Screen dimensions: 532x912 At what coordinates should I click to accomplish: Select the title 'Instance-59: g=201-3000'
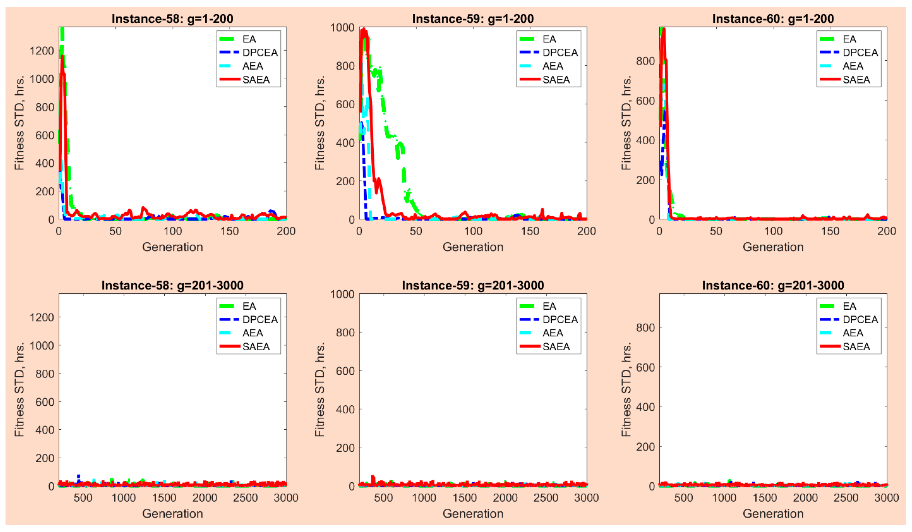coord(473,285)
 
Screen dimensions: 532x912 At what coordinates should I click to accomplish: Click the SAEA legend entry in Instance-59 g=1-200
coord(556,79)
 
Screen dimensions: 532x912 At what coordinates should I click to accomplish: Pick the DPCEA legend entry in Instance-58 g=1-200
coord(259,52)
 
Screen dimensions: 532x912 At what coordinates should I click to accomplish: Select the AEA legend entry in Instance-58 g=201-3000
coord(252,333)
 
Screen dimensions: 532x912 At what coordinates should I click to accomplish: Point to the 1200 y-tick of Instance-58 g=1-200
coord(41,51)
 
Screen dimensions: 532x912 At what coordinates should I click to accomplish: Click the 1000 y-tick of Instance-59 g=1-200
coord(342,27)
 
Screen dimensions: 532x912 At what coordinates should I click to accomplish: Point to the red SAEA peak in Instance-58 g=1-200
coord(62,57)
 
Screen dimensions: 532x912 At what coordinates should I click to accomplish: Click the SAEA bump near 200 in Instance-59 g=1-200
coord(378,179)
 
